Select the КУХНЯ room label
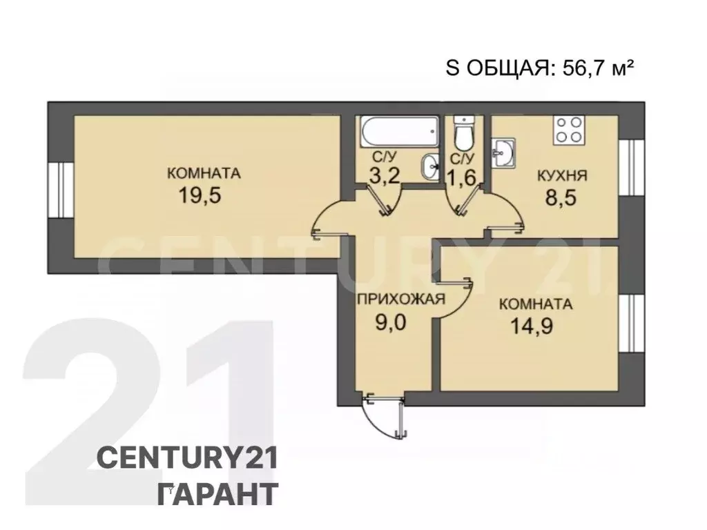click(562, 176)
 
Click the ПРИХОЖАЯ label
click(400, 300)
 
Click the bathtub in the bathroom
click(398, 129)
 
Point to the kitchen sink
click(504, 151)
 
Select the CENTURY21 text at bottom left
click(186, 458)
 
